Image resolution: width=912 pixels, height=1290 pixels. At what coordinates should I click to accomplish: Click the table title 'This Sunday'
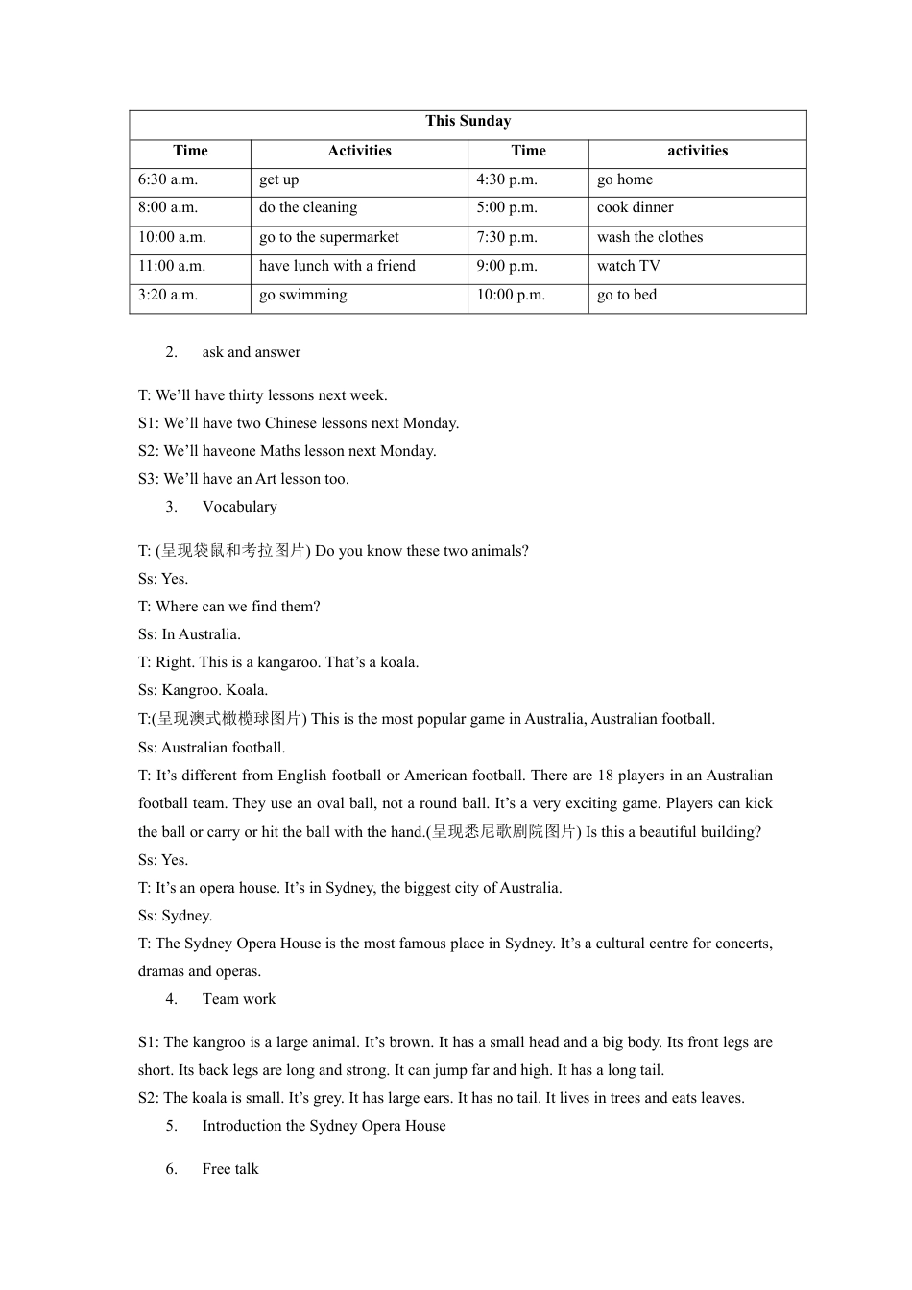pyautogui.click(x=468, y=121)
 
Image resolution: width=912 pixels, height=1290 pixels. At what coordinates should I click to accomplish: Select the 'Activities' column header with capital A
pyautogui.click(x=359, y=151)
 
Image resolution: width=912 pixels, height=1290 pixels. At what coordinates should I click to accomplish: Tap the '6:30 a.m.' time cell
pyautogui.click(x=168, y=179)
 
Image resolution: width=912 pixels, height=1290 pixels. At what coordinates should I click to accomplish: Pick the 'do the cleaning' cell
pyautogui.click(x=308, y=207)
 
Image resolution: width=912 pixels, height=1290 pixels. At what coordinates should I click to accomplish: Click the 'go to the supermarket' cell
pyautogui.click(x=328, y=237)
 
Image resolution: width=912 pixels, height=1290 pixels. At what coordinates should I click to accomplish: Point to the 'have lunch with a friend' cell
pyautogui.click(x=337, y=266)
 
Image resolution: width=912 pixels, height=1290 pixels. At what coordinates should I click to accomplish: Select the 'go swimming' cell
pyautogui.click(x=303, y=295)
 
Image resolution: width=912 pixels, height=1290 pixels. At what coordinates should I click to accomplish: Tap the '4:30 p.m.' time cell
pyautogui.click(x=507, y=179)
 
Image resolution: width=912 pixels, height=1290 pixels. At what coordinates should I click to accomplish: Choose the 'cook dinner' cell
pyautogui.click(x=635, y=207)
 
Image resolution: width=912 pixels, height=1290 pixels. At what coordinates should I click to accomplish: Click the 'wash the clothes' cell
pyautogui.click(x=650, y=237)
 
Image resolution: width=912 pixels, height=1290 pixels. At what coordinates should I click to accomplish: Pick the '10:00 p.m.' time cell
pyautogui.click(x=511, y=295)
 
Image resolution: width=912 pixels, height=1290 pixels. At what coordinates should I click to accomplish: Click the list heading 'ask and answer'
pyautogui.click(x=251, y=352)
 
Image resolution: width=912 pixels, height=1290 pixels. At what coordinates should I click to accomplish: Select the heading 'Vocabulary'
pyautogui.click(x=239, y=507)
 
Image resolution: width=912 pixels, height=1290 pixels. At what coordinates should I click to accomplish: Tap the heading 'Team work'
pyautogui.click(x=238, y=999)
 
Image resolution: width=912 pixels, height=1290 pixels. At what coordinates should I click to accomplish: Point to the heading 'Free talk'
pyautogui.click(x=230, y=1169)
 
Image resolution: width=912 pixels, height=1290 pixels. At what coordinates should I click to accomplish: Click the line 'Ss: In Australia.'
pyautogui.click(x=189, y=634)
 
